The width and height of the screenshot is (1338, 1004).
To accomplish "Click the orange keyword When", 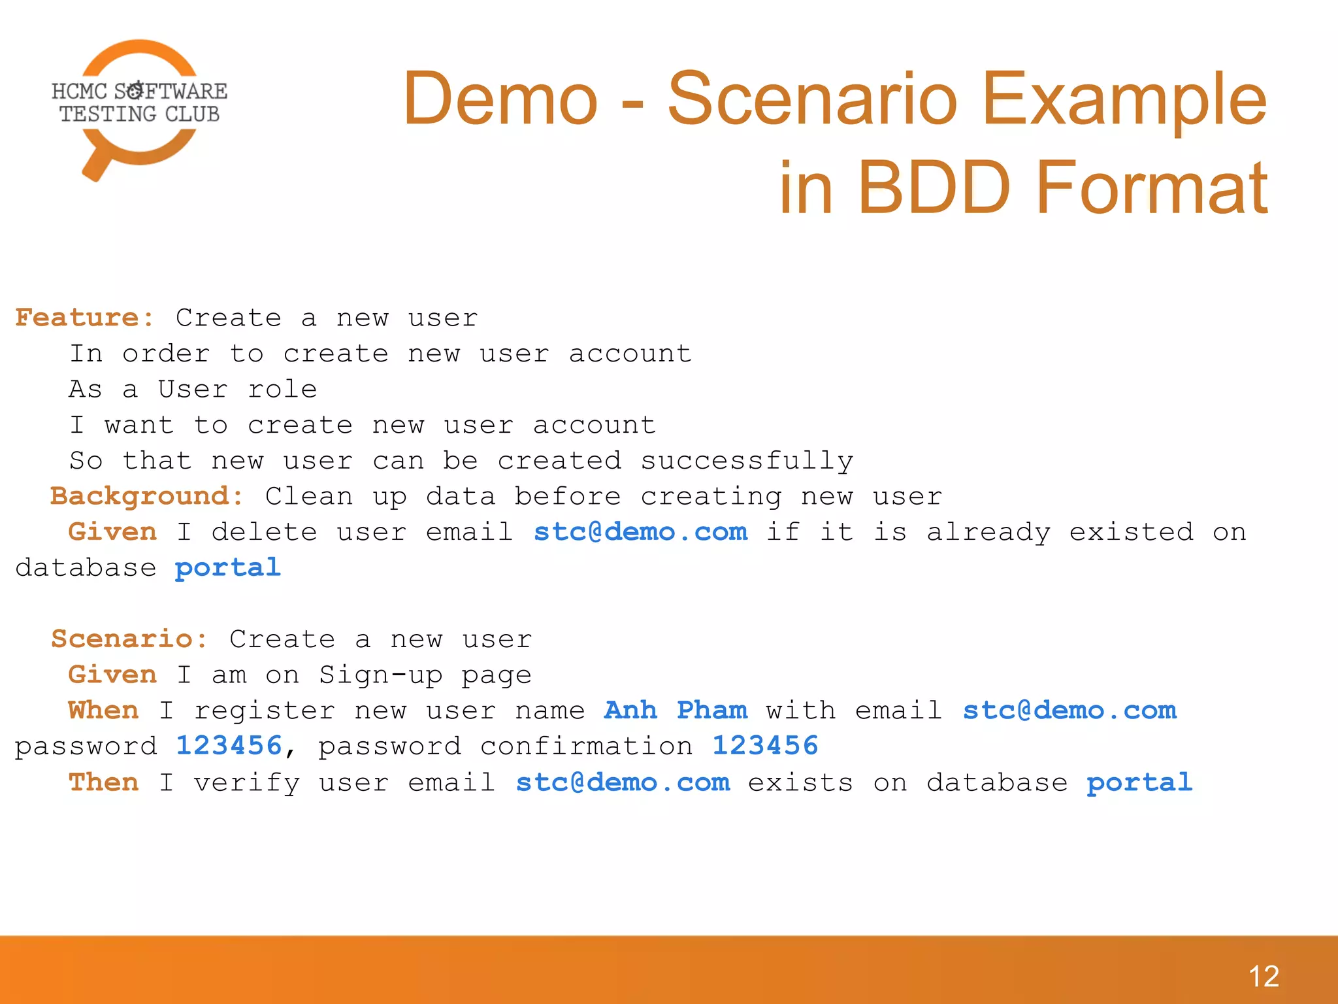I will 103,711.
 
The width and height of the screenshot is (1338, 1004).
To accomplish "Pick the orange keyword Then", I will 103,782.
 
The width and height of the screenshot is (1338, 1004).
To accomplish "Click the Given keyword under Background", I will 112,532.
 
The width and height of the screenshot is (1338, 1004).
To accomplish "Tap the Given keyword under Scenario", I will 112,675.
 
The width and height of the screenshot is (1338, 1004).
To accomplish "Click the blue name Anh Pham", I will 676,711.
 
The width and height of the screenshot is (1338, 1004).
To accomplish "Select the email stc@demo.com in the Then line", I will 623,782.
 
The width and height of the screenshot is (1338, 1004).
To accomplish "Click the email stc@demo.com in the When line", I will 1069,711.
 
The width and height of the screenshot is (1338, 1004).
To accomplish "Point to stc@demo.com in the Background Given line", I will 640,532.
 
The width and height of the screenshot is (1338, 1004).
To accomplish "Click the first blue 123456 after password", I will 229,746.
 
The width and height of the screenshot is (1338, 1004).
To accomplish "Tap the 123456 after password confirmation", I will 764,746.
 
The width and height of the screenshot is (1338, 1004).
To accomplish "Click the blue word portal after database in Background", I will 227,568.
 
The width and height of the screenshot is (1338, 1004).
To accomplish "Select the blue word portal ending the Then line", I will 1139,782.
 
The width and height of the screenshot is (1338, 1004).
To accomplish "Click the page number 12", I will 1264,977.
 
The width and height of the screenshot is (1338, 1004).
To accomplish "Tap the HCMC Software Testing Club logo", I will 139,105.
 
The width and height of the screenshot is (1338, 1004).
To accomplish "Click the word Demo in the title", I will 500,99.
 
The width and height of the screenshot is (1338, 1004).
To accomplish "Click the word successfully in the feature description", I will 746,461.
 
